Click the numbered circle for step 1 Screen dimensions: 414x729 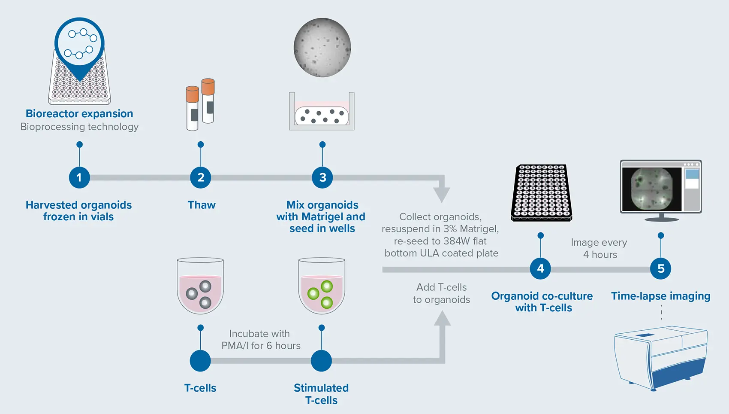tap(79, 177)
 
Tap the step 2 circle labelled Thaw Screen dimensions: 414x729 tap(201, 177)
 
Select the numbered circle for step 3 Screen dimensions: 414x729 tap(322, 177)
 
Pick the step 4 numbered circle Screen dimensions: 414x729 tap(540, 269)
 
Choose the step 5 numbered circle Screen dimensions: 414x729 tap(661, 269)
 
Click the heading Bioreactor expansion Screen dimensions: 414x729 tap(79, 114)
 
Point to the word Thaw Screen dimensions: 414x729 tap(202, 205)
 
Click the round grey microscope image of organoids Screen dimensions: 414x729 tap(322, 47)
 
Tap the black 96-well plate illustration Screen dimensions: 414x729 tap(542, 192)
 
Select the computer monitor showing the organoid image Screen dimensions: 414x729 tap(661, 189)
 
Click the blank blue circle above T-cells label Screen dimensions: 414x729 tap(200, 361)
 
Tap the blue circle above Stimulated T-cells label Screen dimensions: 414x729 tap(321, 361)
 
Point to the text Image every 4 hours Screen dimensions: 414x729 tap(599, 249)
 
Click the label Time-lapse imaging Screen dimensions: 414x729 tap(660, 296)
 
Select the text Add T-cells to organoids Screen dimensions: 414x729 tap(441, 293)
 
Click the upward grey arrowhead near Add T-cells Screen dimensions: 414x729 tap(442, 319)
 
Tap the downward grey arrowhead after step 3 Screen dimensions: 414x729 tap(442, 195)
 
